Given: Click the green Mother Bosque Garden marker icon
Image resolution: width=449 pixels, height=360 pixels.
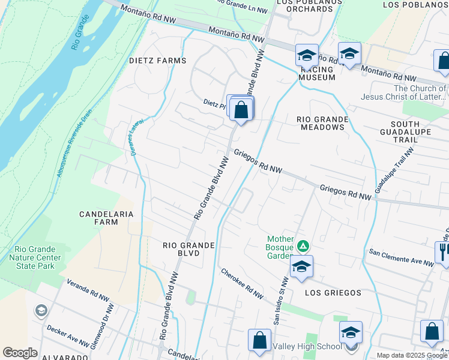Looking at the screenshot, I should (x=304, y=246).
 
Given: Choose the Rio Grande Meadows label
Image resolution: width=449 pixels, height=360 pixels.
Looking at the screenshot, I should (x=322, y=124).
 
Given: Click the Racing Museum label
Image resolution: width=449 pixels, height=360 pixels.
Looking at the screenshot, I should (x=318, y=74).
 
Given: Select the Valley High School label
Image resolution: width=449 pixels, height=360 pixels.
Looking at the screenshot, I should (x=307, y=346).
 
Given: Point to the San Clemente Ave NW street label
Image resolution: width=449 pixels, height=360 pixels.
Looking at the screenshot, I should (x=401, y=257).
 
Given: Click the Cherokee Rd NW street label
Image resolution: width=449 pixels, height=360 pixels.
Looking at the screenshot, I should (x=241, y=283).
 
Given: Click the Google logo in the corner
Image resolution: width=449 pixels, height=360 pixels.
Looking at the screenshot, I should (x=20, y=353).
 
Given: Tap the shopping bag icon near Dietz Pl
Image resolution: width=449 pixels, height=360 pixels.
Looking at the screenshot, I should (x=241, y=110).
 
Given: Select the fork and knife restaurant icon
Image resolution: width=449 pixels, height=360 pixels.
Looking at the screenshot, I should (x=443, y=251).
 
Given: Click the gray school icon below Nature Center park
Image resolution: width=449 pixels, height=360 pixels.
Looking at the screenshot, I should (x=41, y=311).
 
